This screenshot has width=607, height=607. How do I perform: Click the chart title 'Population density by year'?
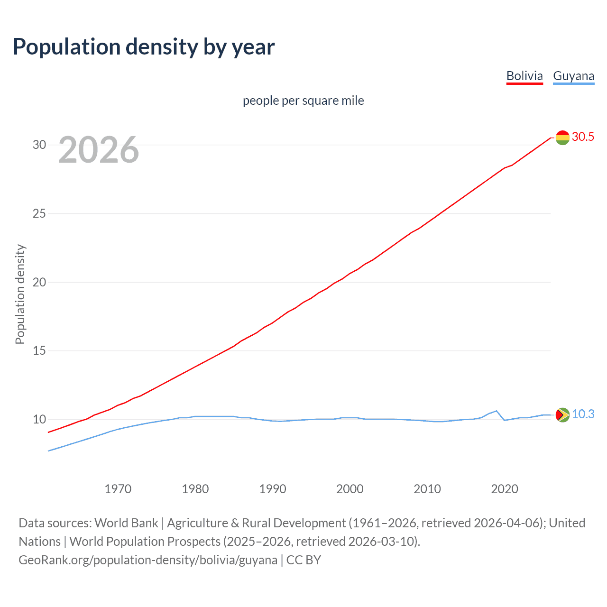[x=144, y=47]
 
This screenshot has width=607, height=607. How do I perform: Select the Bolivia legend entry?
[x=524, y=76]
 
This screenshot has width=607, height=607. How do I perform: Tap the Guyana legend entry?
[x=573, y=76]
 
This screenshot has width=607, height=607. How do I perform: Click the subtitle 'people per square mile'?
[x=303, y=101]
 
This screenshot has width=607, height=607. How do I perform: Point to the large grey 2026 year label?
[x=99, y=150]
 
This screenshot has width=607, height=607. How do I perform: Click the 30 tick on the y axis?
[x=39, y=145]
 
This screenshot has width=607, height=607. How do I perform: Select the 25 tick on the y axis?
[x=39, y=213]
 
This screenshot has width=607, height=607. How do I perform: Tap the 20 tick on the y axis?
[x=39, y=282]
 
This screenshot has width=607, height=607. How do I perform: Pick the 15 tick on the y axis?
[x=39, y=351]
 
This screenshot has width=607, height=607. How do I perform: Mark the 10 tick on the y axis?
[x=39, y=420]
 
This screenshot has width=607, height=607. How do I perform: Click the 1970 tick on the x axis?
[x=118, y=489]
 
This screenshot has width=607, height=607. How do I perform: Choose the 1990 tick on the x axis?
[x=273, y=489]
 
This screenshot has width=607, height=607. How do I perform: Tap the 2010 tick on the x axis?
[x=427, y=489]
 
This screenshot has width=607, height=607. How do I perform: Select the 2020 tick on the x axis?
[x=505, y=489]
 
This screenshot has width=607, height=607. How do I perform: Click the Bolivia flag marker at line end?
[x=562, y=138]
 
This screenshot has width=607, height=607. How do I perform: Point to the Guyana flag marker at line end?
[x=562, y=415]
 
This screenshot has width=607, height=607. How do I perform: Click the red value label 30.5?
[x=583, y=137]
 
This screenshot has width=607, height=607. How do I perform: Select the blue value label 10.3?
[x=583, y=414]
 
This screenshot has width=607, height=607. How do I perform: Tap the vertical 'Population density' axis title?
[x=20, y=294]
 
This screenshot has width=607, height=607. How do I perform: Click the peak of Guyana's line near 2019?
[x=497, y=411]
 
